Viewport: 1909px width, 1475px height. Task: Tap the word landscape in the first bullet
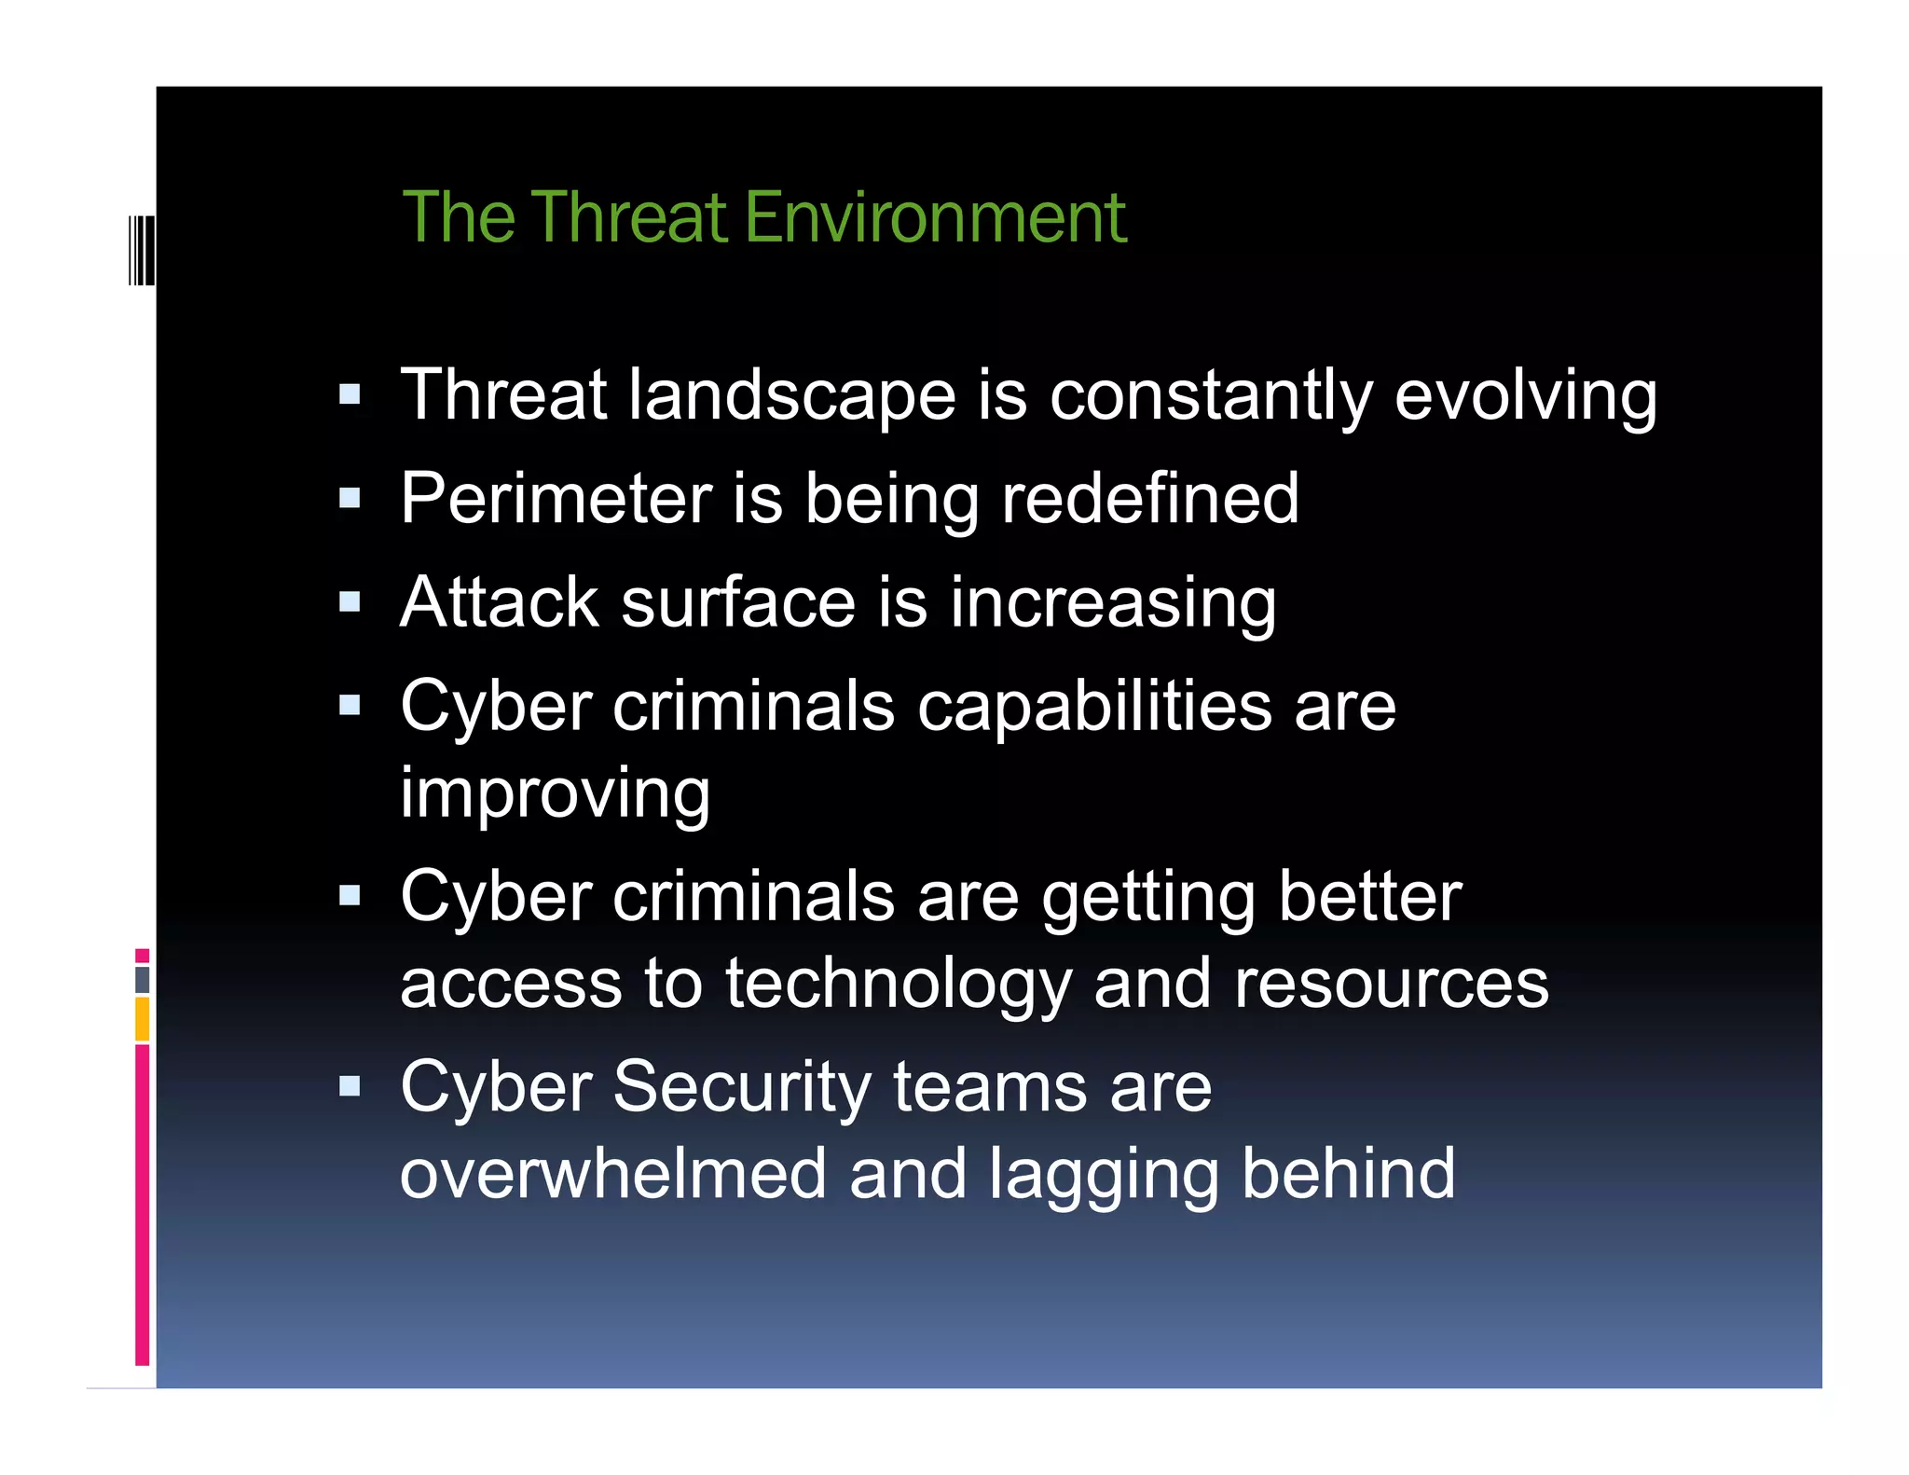(x=791, y=395)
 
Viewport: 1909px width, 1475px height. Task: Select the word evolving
(x=1526, y=395)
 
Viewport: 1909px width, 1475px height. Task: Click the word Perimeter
(x=556, y=499)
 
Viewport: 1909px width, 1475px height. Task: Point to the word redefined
(x=1149, y=499)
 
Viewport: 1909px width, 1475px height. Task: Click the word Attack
(x=499, y=602)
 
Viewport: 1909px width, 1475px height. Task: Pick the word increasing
(x=1113, y=604)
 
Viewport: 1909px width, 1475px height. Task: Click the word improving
(x=555, y=794)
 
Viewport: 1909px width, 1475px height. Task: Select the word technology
(x=899, y=985)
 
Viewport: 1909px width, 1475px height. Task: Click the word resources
(x=1391, y=985)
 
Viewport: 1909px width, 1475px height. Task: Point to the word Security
(x=742, y=1088)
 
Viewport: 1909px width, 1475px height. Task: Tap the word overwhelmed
(x=612, y=1174)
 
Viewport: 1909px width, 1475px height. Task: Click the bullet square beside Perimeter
(x=350, y=498)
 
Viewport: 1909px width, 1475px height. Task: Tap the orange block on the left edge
(x=142, y=1018)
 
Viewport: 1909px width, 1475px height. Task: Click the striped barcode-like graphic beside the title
(x=142, y=250)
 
